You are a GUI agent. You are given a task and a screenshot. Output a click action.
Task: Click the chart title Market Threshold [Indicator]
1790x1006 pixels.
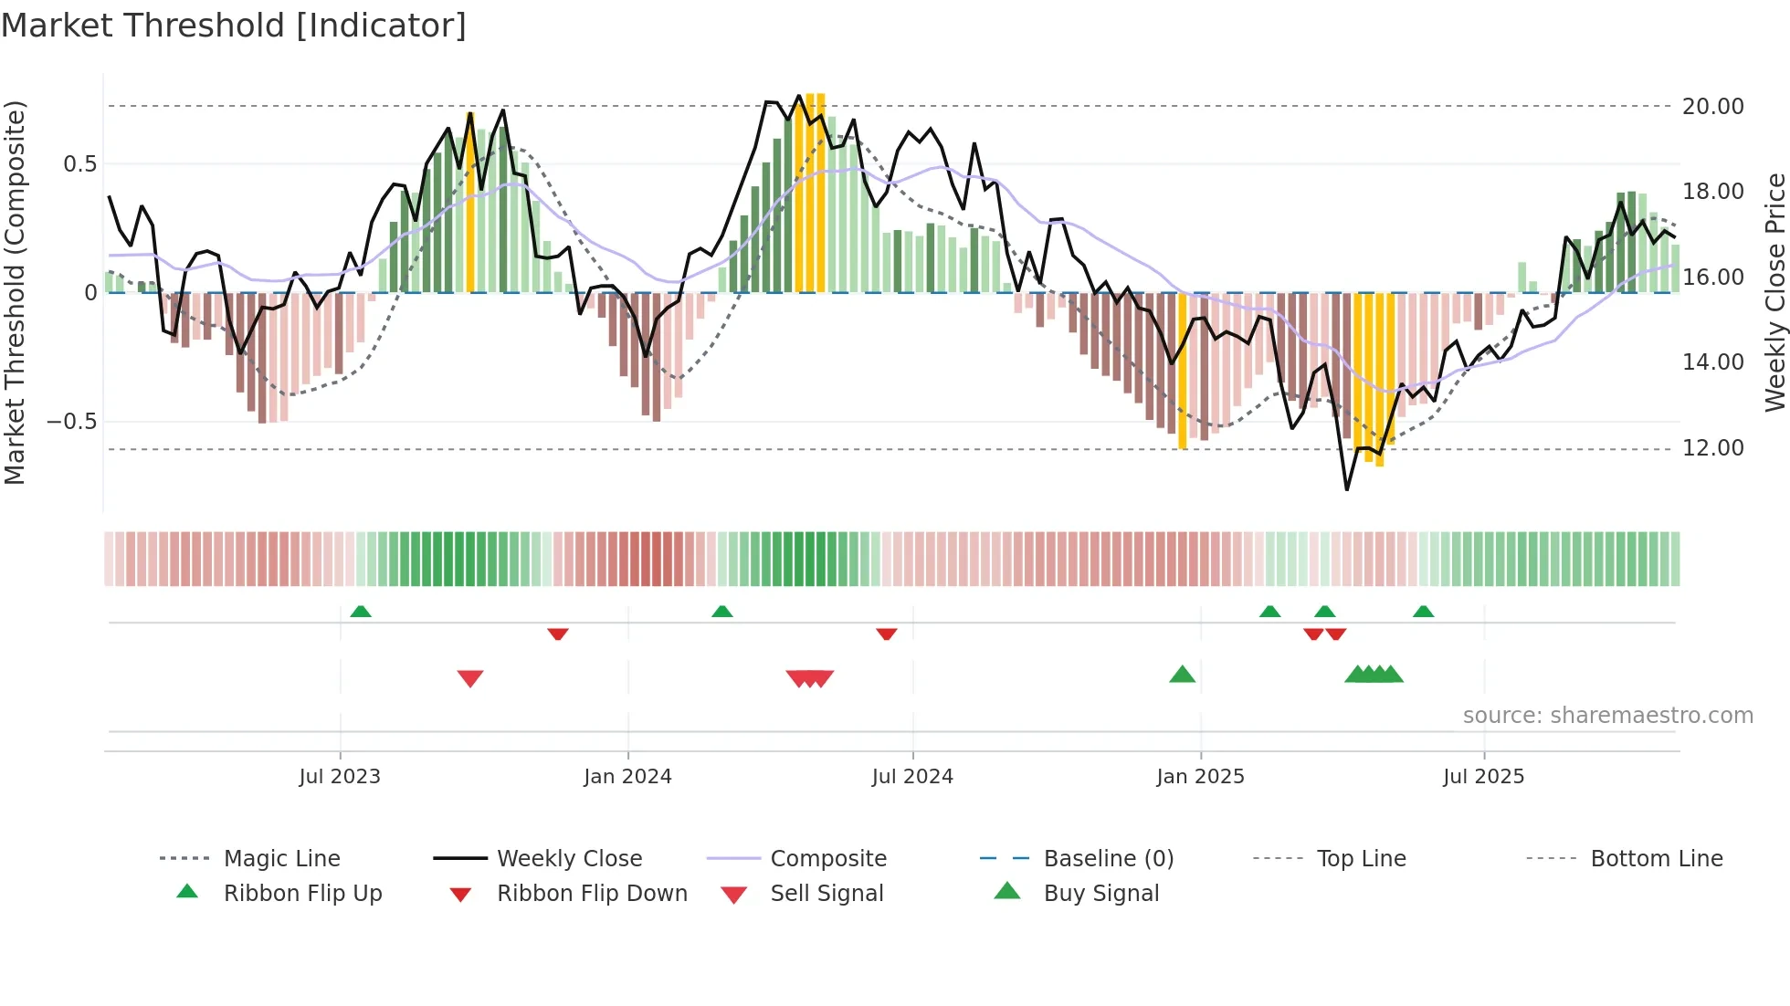[x=234, y=26]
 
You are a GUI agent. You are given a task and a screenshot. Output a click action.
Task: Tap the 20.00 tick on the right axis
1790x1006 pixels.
[x=1712, y=107]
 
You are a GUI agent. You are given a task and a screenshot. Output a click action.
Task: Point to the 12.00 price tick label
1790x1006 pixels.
[x=1712, y=448]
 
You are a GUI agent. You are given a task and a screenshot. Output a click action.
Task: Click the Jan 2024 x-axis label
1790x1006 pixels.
[x=627, y=777]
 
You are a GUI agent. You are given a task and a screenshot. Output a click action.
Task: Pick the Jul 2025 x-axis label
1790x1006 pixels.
[x=1483, y=777]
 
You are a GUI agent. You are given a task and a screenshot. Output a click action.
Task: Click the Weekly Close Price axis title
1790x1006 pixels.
[x=1774, y=292]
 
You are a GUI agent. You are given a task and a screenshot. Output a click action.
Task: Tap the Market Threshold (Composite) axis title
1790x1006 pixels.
[x=15, y=292]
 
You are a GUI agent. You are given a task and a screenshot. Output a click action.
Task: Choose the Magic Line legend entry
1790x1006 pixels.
[x=281, y=859]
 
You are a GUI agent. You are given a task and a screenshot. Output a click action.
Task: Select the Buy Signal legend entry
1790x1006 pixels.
[x=1100, y=894]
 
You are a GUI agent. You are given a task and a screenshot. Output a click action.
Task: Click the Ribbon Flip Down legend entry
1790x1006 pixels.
[x=591, y=894]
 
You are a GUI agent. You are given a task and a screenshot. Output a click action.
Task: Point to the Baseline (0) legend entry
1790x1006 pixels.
[x=1108, y=859]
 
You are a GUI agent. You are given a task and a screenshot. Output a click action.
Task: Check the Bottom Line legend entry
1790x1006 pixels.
[x=1656, y=859]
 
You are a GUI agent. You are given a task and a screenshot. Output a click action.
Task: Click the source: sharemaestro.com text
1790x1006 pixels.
[x=1607, y=716]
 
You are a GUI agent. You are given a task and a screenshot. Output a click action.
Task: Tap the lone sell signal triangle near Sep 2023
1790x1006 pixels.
[x=470, y=678]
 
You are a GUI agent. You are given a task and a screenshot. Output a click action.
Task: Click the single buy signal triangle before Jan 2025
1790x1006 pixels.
[x=1182, y=675]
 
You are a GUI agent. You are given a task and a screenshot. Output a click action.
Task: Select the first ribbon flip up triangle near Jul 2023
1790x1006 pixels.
[x=361, y=612]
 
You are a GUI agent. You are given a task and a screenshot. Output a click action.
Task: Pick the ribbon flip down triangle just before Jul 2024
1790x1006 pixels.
[x=886, y=634]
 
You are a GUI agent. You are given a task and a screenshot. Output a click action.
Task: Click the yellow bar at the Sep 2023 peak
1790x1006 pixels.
[x=470, y=201]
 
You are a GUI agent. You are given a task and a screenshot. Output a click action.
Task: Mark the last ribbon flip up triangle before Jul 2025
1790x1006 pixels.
[x=1423, y=612]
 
